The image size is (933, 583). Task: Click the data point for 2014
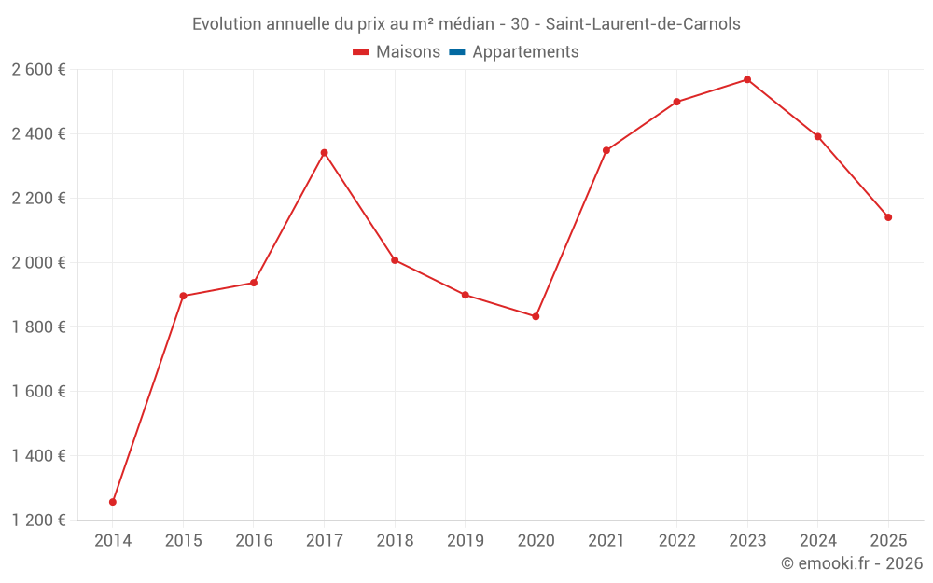[113, 502]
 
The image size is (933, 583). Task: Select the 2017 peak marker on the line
[324, 153]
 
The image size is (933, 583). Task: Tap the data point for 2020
[536, 316]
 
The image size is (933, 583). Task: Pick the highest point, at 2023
[747, 79]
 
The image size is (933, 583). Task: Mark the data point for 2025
[888, 217]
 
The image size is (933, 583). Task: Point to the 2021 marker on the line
[606, 150]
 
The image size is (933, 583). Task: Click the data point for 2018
[395, 260]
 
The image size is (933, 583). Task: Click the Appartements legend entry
[525, 52]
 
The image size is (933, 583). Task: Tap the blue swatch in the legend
[457, 52]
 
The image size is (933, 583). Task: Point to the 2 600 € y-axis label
[38, 69]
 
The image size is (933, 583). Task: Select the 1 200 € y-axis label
[38, 520]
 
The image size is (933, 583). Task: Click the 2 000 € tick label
[38, 262]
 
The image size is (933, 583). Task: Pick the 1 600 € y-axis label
[38, 391]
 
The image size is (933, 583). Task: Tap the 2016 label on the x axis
[254, 540]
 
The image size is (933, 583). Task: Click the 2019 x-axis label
[466, 540]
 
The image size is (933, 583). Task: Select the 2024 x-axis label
[818, 540]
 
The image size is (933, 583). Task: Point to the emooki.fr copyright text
[852, 563]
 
